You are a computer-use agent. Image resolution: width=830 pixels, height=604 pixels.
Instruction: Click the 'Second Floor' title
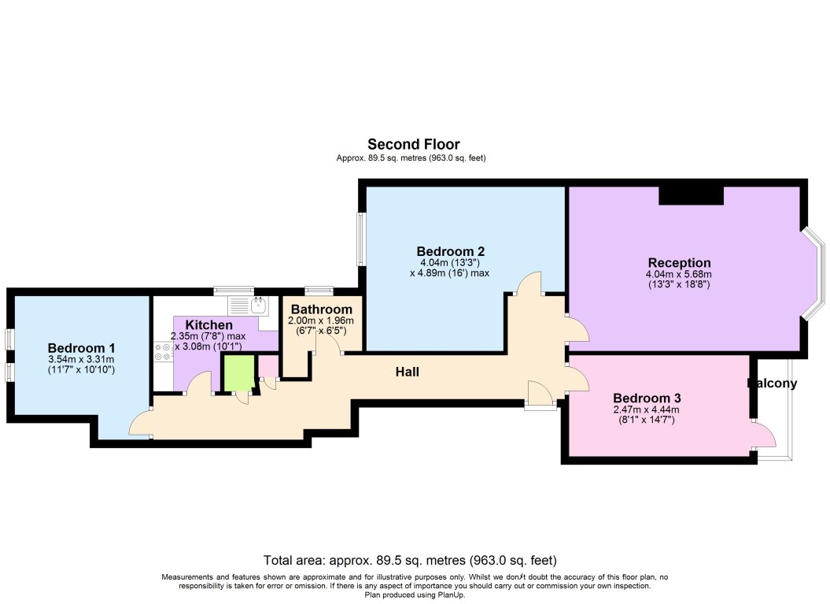[x=414, y=144]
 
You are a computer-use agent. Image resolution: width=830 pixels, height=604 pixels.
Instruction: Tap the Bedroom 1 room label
[x=82, y=348]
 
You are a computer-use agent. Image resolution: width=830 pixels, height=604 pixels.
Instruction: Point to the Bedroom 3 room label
[x=647, y=398]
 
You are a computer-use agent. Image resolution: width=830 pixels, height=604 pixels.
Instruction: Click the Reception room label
[x=679, y=262]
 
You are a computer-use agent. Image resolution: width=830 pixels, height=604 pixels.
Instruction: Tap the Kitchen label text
[x=208, y=324]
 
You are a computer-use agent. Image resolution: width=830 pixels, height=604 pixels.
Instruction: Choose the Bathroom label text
[x=322, y=309]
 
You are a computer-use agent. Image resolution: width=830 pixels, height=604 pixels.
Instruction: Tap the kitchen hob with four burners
[x=164, y=351]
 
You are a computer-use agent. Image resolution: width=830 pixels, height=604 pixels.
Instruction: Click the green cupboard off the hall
[x=238, y=372]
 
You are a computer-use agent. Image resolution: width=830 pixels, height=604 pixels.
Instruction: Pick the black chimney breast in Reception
[x=690, y=195]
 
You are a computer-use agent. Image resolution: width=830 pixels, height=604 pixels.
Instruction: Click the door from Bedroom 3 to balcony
[x=761, y=436]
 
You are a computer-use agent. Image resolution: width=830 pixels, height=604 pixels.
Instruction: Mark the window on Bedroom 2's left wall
[x=361, y=239]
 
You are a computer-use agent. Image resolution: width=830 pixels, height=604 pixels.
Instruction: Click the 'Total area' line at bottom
[x=410, y=561]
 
